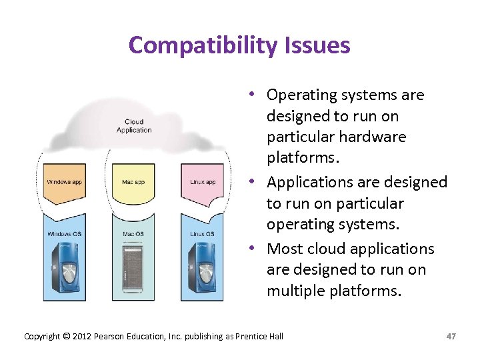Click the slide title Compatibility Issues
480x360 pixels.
(x=239, y=45)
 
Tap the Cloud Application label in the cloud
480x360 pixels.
(x=134, y=126)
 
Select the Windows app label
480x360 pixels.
(x=64, y=182)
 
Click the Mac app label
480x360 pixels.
(x=133, y=182)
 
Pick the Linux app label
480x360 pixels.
(x=202, y=182)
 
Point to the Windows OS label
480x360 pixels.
(x=64, y=234)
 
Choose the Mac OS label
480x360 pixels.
(x=133, y=234)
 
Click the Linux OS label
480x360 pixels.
(x=202, y=234)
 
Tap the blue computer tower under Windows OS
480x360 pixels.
(x=65, y=270)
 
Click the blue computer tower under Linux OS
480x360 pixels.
(x=202, y=270)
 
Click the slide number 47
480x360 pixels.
(x=451, y=336)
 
